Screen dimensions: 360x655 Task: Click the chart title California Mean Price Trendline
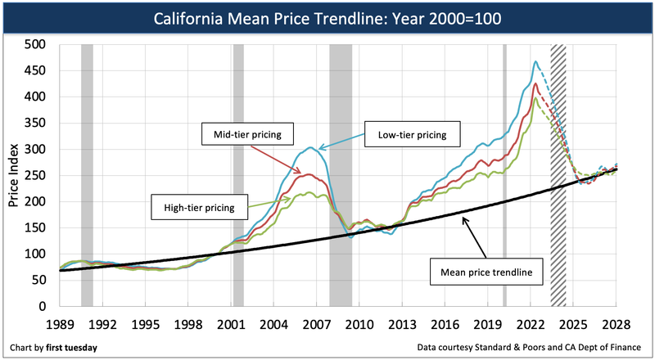pyautogui.click(x=327, y=16)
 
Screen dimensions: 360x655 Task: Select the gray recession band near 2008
pyautogui.click(x=341, y=175)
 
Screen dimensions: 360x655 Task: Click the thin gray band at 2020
pyautogui.click(x=504, y=175)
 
